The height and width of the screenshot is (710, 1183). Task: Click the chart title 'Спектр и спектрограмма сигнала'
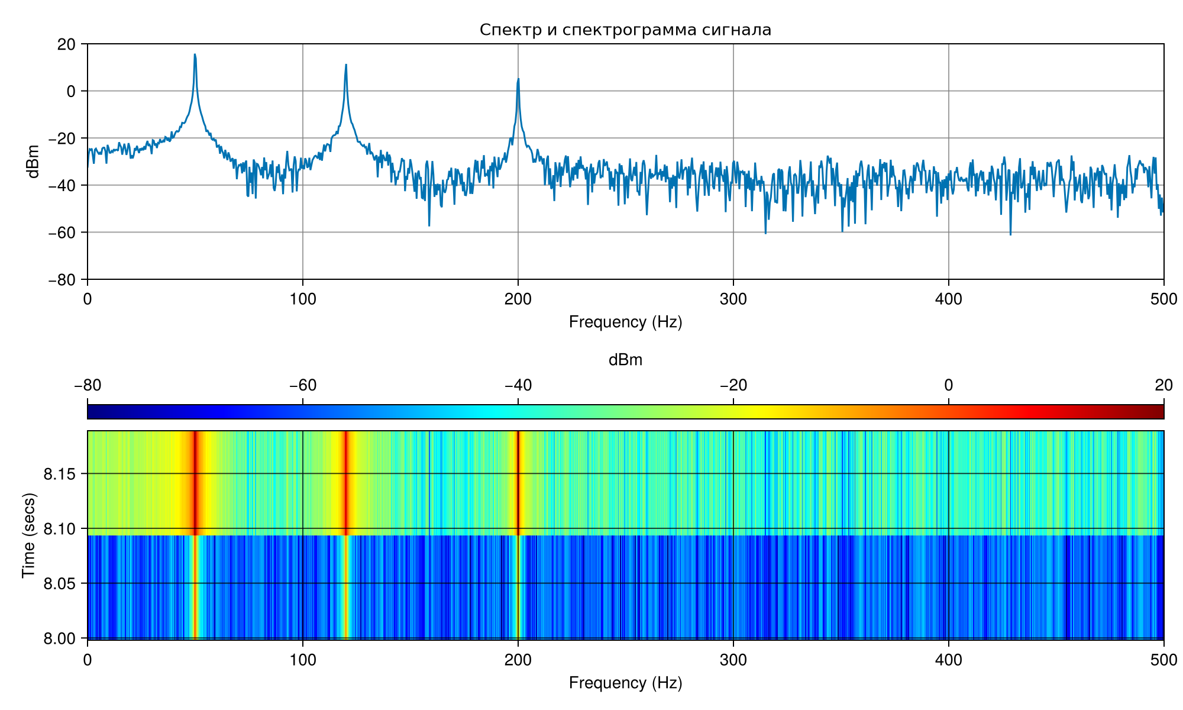pos(625,30)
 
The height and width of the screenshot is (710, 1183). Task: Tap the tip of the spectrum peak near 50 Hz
pos(195,54)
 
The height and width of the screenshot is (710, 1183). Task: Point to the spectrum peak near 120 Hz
pos(346,64)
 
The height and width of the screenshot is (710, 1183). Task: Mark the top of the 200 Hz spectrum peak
pos(518,79)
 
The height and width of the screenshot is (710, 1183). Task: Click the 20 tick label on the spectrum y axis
pos(67,44)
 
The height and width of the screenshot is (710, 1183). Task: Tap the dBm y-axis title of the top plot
pos(34,162)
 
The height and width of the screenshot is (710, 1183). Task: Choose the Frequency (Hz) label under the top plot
pos(625,322)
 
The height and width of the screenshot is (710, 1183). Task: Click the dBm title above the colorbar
pos(625,360)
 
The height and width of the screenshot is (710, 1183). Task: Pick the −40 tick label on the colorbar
pos(518,386)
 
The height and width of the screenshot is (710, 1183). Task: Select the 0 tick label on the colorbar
pos(949,386)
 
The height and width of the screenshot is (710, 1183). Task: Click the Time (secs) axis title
pos(28,535)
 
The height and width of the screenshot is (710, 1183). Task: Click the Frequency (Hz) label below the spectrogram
pos(625,683)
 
